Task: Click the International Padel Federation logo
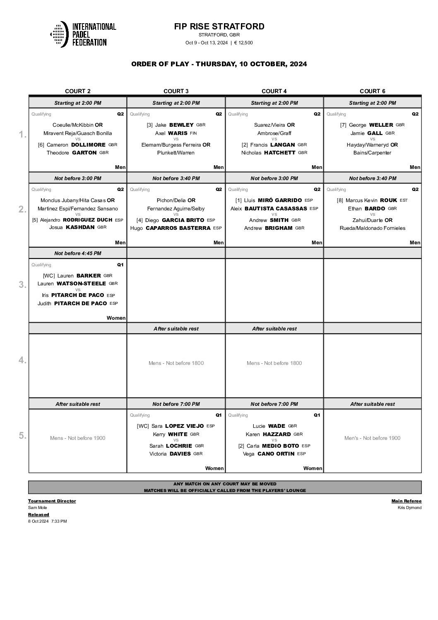click(x=83, y=34)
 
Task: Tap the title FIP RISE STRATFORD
click(x=219, y=27)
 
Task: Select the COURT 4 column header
click(x=274, y=91)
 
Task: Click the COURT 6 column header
click(x=372, y=91)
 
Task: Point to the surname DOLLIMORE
click(x=89, y=145)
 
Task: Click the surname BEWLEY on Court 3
click(x=181, y=125)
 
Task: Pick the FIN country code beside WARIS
click(x=193, y=133)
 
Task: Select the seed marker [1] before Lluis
click(x=238, y=200)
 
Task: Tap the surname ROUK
click(x=388, y=200)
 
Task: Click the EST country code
click(x=404, y=200)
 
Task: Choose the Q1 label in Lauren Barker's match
click(x=120, y=265)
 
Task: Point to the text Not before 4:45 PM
click(x=78, y=253)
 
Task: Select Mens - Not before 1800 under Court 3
click(x=176, y=363)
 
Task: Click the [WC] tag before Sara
click(x=143, y=426)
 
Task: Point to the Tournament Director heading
click(x=52, y=501)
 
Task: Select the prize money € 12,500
click(x=243, y=43)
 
